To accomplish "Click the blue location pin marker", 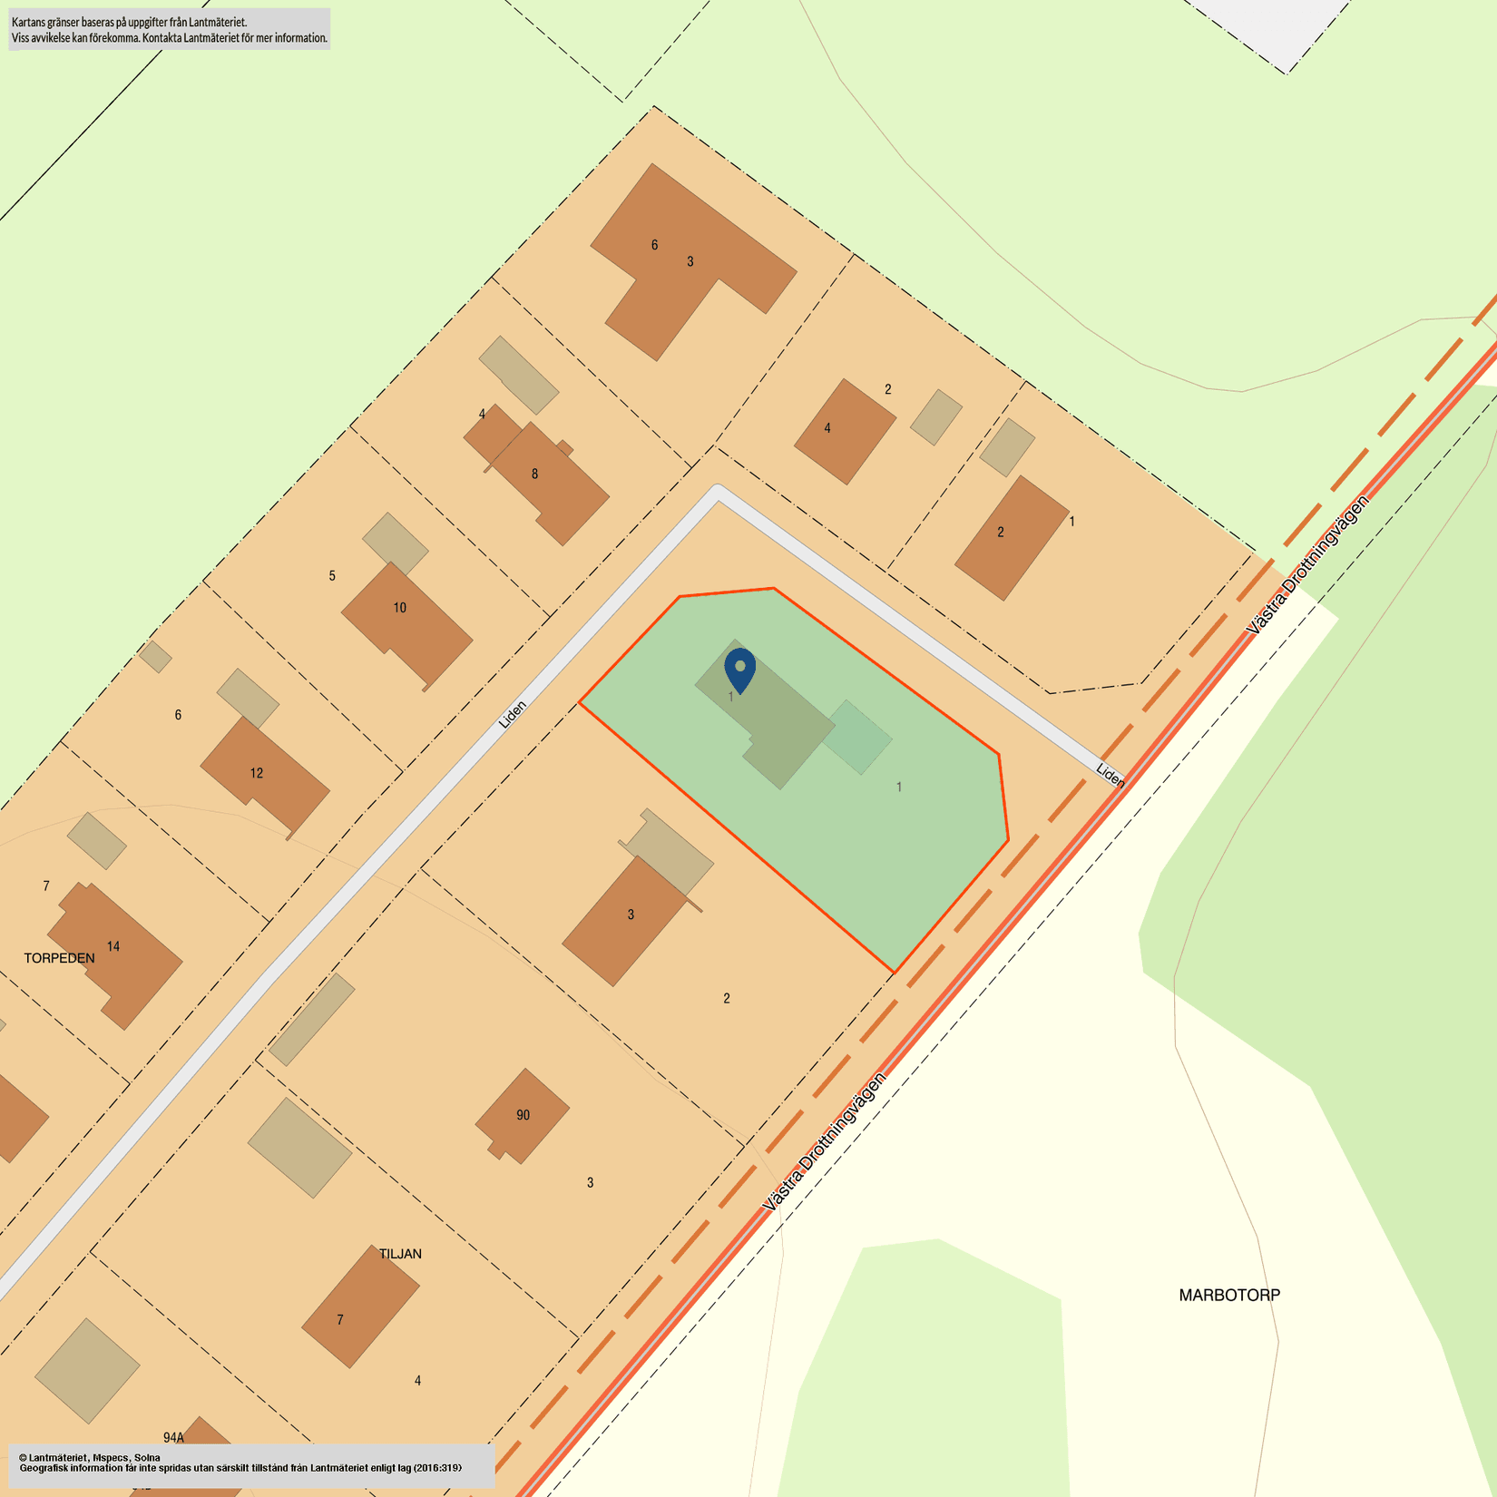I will pyautogui.click(x=740, y=669).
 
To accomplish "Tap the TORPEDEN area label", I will pyautogui.click(x=59, y=958).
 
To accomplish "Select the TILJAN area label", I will pyautogui.click(x=400, y=1254).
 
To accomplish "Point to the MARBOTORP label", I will pyautogui.click(x=1229, y=1296).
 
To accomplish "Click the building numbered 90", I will pyautogui.click(x=523, y=1115).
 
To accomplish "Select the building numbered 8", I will pyautogui.click(x=544, y=481).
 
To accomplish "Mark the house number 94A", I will pyautogui.click(x=173, y=1437).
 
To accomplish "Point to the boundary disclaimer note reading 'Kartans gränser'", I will pyautogui.click(x=169, y=29).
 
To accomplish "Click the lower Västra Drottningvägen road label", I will pyautogui.click(x=824, y=1142).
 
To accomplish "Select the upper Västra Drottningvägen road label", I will pyautogui.click(x=1307, y=564).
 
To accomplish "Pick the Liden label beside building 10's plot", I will pyautogui.click(x=513, y=714).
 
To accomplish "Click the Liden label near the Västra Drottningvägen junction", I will pyautogui.click(x=1111, y=774).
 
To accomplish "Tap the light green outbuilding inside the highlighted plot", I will pyautogui.click(x=858, y=737).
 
